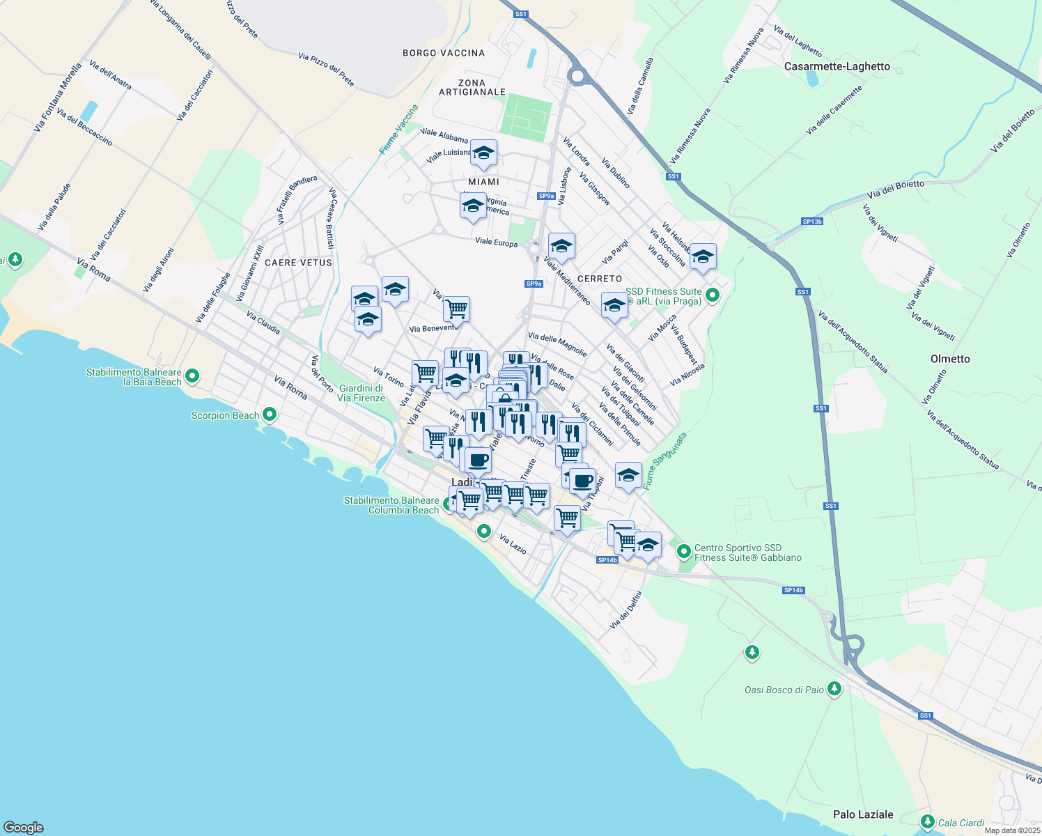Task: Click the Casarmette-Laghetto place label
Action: pos(837,66)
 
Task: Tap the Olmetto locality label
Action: pos(950,359)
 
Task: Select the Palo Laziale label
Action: pos(863,814)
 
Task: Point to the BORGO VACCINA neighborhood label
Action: pos(444,53)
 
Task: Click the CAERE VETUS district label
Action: pos(299,263)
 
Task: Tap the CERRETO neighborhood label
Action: pos(600,279)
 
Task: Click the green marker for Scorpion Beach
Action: pos(270,415)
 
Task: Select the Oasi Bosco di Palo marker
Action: pos(834,689)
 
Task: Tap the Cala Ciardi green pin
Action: pos(927,822)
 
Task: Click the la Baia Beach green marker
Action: pos(192,376)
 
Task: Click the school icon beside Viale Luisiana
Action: pos(483,153)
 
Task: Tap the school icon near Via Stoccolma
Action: pos(703,256)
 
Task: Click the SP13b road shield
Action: pos(811,222)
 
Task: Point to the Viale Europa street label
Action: pos(496,242)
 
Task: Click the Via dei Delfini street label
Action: pos(625,610)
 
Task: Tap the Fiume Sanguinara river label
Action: pos(664,460)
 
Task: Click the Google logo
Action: pos(24,827)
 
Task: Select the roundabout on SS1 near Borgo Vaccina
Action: pos(577,75)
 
